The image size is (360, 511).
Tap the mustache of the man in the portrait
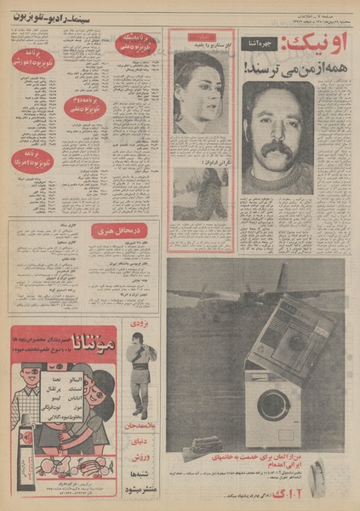click(x=277, y=150)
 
